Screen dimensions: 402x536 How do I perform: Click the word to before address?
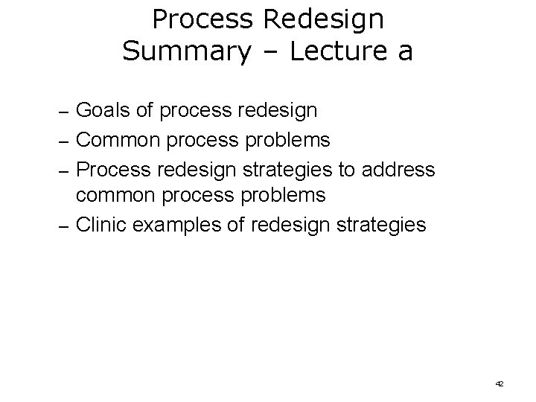347,168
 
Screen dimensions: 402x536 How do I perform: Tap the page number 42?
499,383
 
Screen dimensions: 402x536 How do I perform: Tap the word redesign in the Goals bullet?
278,111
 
